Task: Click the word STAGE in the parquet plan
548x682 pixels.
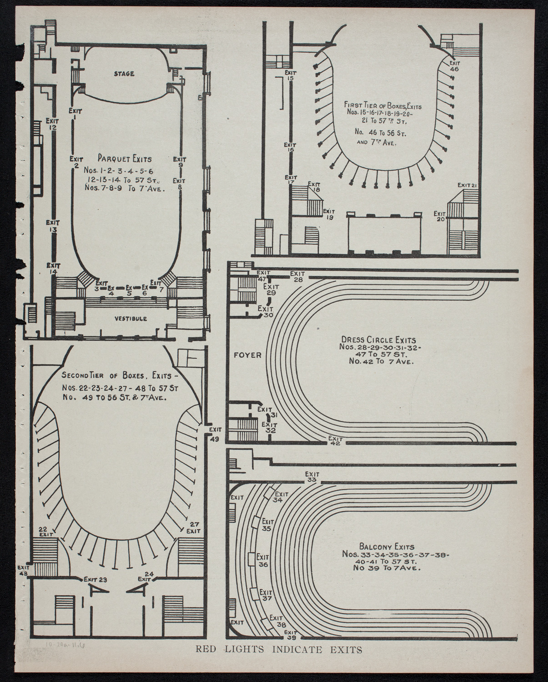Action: (124, 73)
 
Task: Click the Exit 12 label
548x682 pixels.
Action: (53, 124)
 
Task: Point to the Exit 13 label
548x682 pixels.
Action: (53, 226)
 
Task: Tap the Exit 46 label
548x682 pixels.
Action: (454, 66)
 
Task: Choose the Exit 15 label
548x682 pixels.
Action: (290, 75)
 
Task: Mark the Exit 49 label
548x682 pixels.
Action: (215, 434)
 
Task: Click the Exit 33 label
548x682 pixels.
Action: (312, 477)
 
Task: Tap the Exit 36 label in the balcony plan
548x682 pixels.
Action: (263, 561)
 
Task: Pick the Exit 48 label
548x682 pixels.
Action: (24, 571)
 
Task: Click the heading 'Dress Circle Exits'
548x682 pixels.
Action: (378, 340)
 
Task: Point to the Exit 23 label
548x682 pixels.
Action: (95, 580)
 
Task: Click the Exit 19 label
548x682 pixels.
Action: (328, 214)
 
